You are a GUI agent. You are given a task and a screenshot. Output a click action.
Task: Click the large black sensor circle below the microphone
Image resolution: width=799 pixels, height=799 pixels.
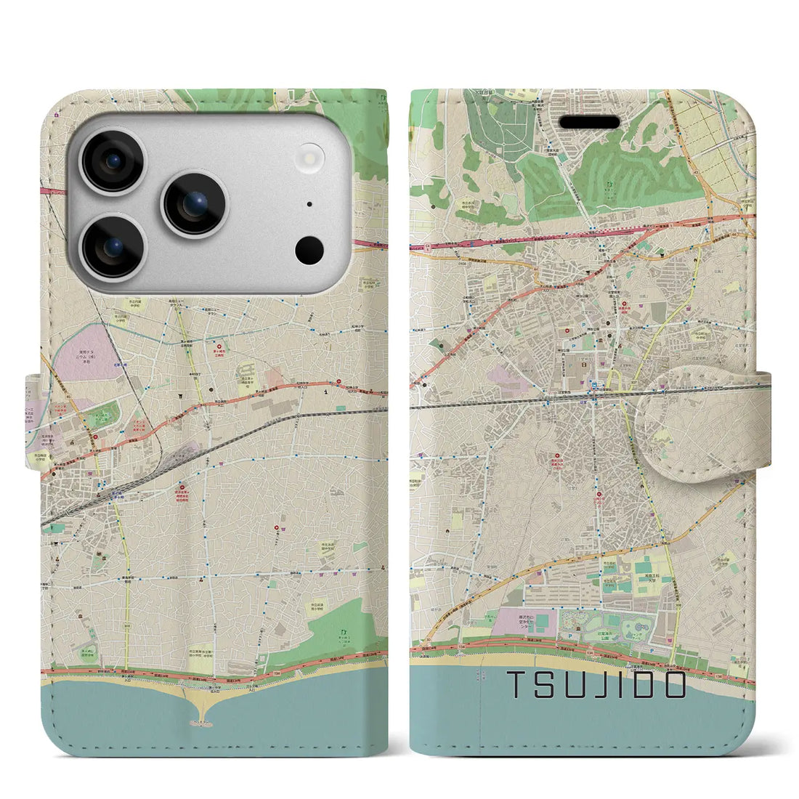pyautogui.click(x=309, y=250)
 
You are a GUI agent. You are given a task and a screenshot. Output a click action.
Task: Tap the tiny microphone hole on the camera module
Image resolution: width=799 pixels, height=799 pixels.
pyautogui.click(x=309, y=205)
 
